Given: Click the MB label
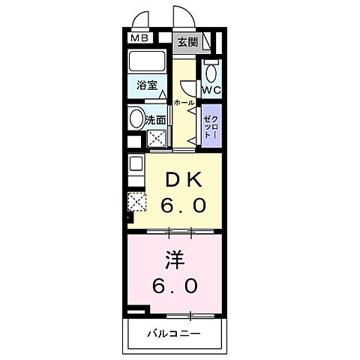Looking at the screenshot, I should click(140, 38).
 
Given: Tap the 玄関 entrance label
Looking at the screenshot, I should click(187, 42).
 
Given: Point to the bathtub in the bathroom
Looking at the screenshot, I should click(148, 62).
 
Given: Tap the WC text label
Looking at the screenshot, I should click(210, 91).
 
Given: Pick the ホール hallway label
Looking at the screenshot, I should click(184, 102).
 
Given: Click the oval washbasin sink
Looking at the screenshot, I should click(136, 118).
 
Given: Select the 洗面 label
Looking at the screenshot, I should click(156, 119).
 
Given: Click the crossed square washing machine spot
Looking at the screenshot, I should click(157, 138).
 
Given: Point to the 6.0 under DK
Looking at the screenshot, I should click(184, 204).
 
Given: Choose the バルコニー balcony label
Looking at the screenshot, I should click(172, 332).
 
